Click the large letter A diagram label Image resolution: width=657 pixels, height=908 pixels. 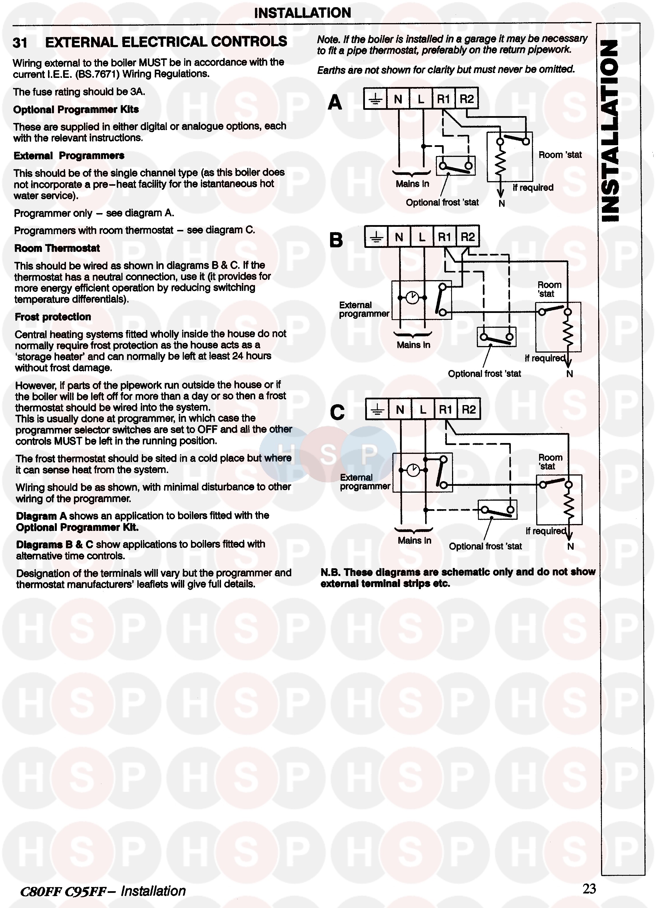point(335,102)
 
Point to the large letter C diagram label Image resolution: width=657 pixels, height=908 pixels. point(337,412)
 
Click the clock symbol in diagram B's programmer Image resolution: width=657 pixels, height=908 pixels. point(412,298)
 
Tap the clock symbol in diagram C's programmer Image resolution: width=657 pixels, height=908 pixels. point(413,470)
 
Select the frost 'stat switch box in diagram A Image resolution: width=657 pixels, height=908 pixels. point(455,166)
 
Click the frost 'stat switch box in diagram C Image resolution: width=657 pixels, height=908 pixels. point(497,510)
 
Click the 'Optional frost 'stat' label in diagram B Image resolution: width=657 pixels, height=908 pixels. point(484,373)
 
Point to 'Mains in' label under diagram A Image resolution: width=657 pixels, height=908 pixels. point(412,184)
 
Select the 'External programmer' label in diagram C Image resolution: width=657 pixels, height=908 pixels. point(365,482)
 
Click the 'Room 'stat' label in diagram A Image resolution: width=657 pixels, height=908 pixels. point(560,155)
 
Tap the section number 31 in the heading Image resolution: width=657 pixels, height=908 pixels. point(20,43)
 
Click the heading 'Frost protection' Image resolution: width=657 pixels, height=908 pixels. point(53,317)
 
